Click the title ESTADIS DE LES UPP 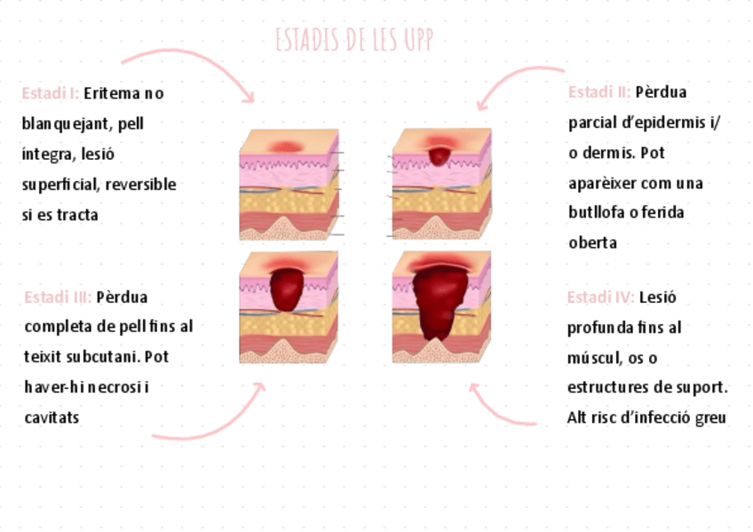(353, 40)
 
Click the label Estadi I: (51, 93)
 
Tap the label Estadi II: (599, 91)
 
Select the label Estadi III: (58, 297)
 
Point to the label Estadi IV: (600, 297)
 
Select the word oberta (592, 242)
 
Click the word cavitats (52, 417)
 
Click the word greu (711, 417)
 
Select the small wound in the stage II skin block (440, 155)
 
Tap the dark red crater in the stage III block (286, 289)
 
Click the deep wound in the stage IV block (440, 302)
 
